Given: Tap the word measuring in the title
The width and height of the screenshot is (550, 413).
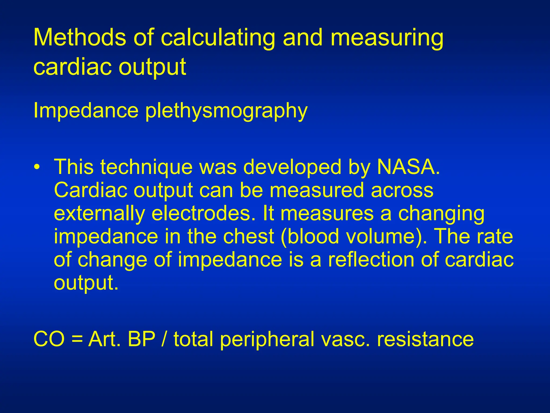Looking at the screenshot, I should pyautogui.click(x=387, y=38).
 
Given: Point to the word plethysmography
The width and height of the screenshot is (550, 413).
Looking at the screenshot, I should pyautogui.click(x=226, y=111).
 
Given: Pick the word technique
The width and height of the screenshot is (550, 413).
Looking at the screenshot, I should pyautogui.click(x=147, y=167).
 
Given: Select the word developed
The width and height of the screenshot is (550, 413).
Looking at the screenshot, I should pyautogui.click(x=292, y=167).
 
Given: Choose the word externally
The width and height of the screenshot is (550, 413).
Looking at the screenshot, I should pyautogui.click(x=99, y=214).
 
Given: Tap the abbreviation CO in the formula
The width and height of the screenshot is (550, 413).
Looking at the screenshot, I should pyautogui.click(x=49, y=339).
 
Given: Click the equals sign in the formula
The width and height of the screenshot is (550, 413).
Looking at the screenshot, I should pyautogui.click(x=77, y=339).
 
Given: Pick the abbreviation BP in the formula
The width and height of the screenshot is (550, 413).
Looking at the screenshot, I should pyautogui.click(x=142, y=339).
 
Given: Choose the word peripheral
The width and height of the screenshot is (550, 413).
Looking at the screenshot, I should pyautogui.click(x=267, y=340).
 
